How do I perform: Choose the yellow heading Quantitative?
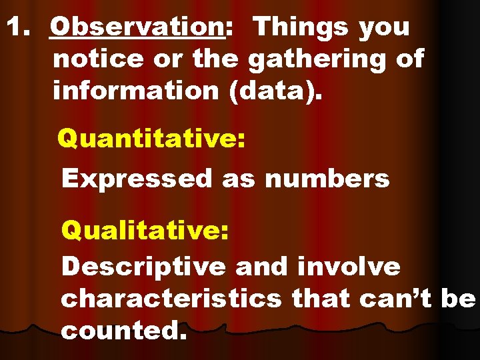[151, 140]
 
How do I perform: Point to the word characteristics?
[171, 299]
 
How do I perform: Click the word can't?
[396, 299]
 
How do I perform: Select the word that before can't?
[321, 299]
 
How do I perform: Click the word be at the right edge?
[458, 299]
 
